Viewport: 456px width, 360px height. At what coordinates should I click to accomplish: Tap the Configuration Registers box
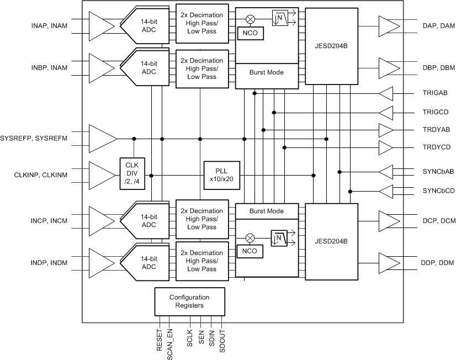click(190, 301)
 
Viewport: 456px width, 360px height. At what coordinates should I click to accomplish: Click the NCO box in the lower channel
click(250, 252)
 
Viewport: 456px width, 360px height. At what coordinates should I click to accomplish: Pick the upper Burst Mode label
click(267, 72)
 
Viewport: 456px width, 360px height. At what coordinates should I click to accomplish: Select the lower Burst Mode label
click(267, 211)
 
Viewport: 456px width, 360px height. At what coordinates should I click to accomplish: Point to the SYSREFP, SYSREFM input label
click(34, 138)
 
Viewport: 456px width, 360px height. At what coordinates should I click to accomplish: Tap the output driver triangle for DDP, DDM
click(389, 262)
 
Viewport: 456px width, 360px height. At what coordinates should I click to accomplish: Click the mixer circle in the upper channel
click(250, 19)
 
